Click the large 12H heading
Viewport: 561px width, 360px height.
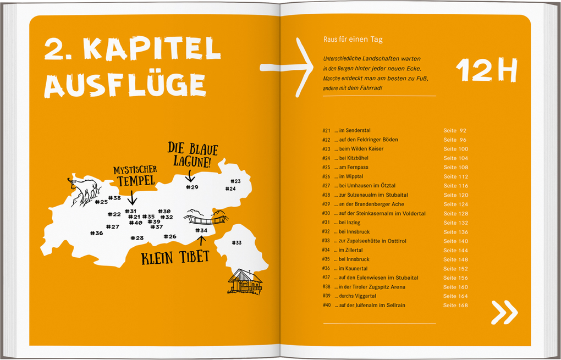coord(487,70)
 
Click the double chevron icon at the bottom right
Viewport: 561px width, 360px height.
coord(504,312)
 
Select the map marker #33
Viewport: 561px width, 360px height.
coord(237,242)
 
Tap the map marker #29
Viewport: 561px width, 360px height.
coord(192,187)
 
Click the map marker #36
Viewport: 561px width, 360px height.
coord(96,233)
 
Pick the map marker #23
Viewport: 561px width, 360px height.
coord(235,181)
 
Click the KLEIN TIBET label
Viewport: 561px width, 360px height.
coord(175,258)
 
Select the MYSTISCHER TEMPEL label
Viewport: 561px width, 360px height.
coord(135,175)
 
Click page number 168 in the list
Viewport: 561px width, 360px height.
coord(463,306)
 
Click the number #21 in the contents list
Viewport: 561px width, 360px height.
coord(326,131)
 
